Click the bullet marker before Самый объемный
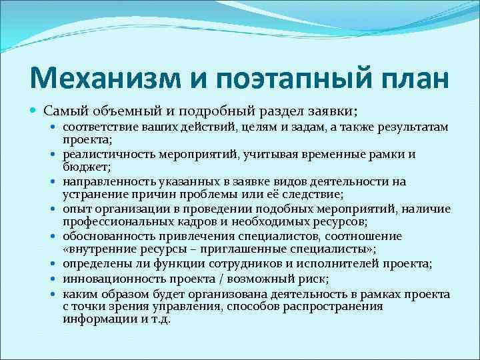[x=34, y=109]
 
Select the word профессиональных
[x=117, y=222]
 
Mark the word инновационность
[x=110, y=279]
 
